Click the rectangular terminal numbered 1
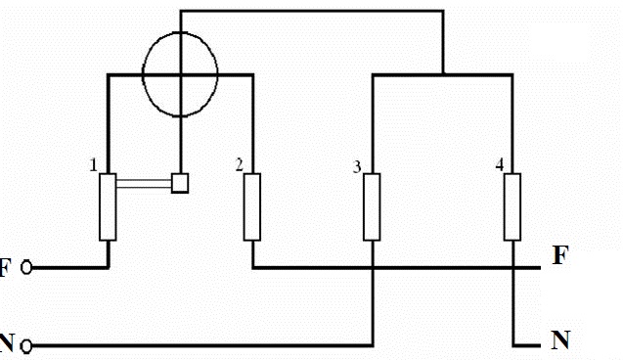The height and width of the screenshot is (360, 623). tap(108, 206)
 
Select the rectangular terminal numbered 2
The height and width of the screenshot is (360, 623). tap(252, 206)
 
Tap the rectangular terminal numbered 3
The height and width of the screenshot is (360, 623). tap(372, 206)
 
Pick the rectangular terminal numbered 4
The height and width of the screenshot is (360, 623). tap(512, 206)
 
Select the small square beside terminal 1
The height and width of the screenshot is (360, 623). tap(180, 182)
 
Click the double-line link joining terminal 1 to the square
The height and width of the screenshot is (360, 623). tap(144, 181)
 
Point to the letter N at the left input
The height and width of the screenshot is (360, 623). tap(7, 344)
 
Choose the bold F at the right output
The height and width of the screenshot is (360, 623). tap(559, 256)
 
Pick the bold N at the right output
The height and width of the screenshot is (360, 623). tap(560, 340)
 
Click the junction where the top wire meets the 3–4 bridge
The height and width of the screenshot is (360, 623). tap(443, 72)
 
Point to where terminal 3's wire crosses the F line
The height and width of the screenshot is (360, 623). tap(372, 267)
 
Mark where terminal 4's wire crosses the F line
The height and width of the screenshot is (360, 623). tap(512, 267)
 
